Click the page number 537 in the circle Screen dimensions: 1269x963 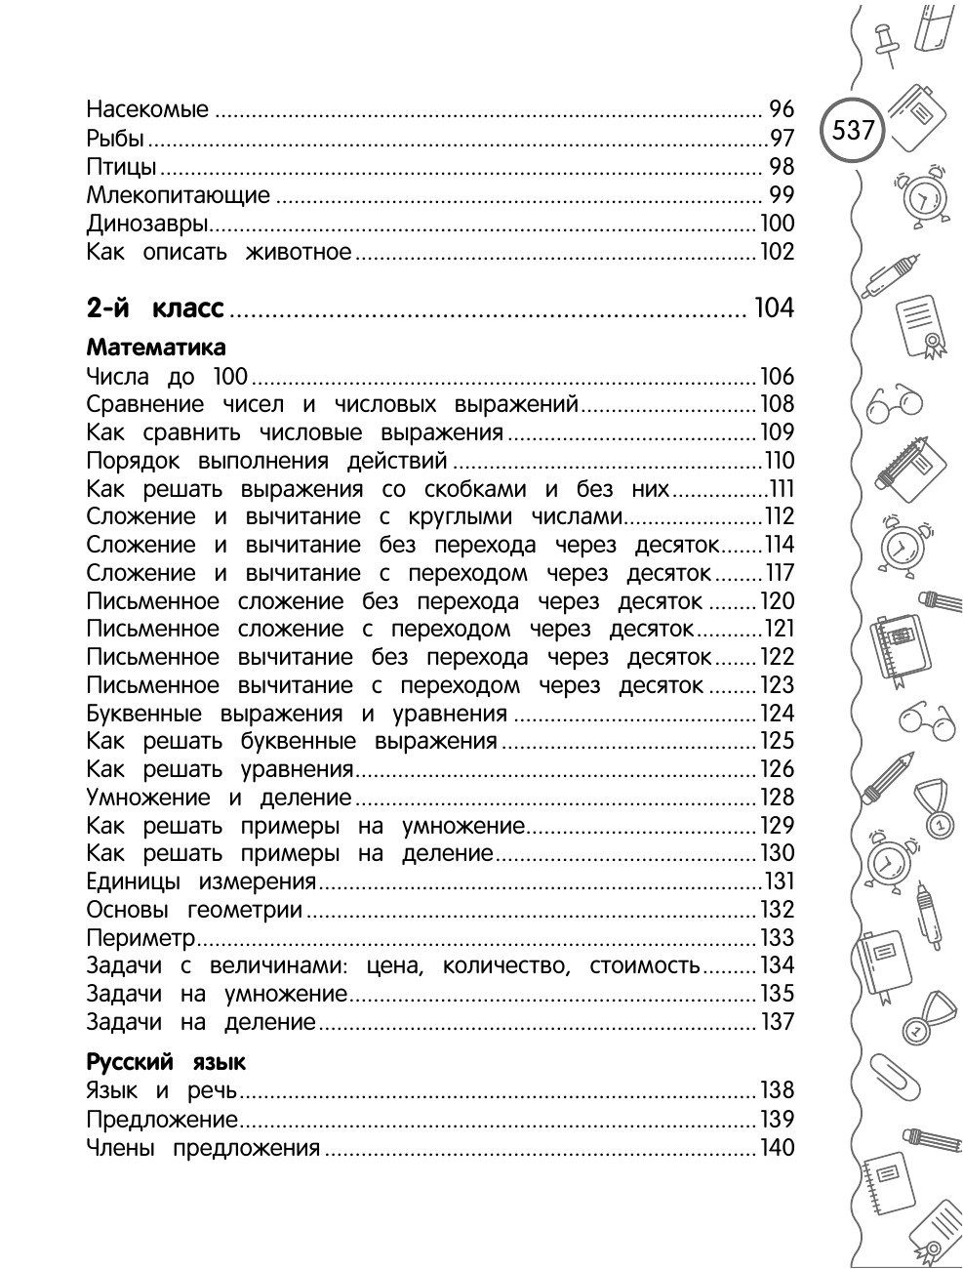point(854,130)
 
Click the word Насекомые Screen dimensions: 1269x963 point(147,109)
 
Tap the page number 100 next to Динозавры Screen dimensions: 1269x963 point(778,223)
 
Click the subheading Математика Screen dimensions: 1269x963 point(156,348)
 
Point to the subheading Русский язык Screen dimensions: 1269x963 point(166,1062)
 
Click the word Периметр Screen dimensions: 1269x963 point(141,939)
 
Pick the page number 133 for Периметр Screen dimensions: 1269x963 point(778,939)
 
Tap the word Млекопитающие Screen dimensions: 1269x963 point(178,194)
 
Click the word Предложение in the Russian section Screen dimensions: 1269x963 point(162,1120)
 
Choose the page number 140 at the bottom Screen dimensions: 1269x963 point(778,1148)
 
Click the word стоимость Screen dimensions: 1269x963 point(645,966)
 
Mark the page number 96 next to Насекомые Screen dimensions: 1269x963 point(782,109)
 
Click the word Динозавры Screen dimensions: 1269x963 point(148,223)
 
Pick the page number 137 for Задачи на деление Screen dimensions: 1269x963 point(778,1023)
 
